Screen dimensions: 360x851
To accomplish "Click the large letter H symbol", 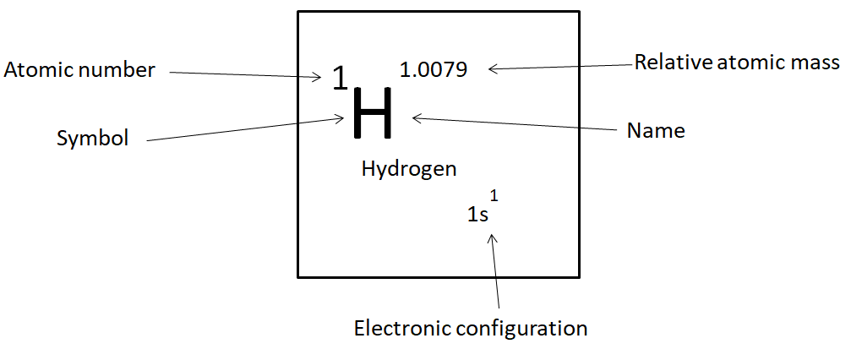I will pyautogui.click(x=372, y=113).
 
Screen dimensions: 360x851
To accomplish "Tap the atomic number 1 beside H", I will pyautogui.click(x=339, y=79).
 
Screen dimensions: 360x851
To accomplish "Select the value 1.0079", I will pyautogui.click(x=433, y=69).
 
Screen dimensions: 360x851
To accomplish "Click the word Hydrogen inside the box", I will pyautogui.click(x=409, y=169).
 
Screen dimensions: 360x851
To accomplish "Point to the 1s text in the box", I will pyautogui.click(x=477, y=215).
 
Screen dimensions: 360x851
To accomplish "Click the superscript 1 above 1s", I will pyautogui.click(x=494, y=196).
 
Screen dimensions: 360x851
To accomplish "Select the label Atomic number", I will pyautogui.click(x=79, y=70).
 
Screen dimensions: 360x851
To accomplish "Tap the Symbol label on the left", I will pyautogui.click(x=93, y=139).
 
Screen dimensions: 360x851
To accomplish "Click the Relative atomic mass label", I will pyautogui.click(x=737, y=62).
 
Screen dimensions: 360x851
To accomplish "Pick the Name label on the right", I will pyautogui.click(x=656, y=131).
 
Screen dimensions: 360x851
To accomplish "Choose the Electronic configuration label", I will pyautogui.click(x=471, y=327).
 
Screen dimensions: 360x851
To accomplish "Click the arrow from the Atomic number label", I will pyautogui.click(x=245, y=74).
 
